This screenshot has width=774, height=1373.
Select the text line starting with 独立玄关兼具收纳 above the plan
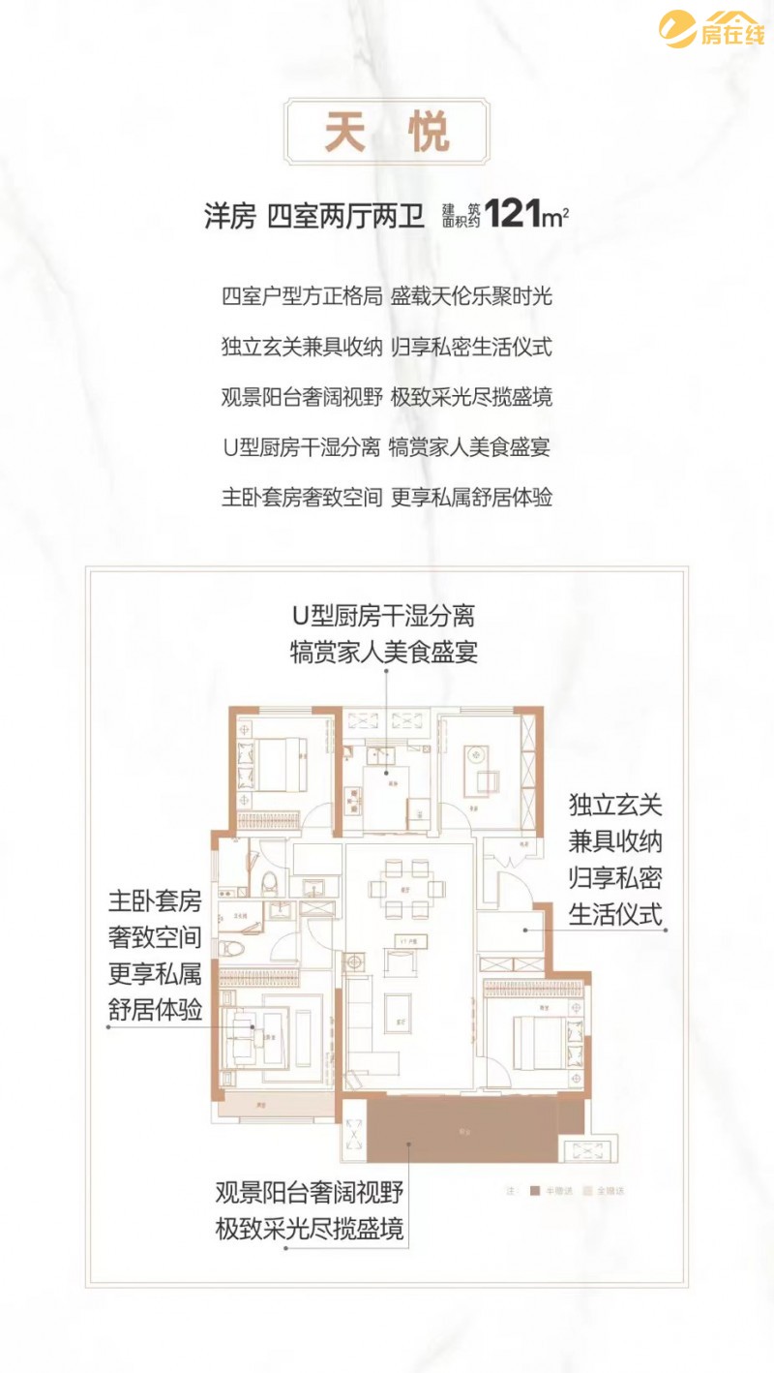tap(387, 346)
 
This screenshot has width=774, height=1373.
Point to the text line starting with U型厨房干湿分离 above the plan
tap(387, 447)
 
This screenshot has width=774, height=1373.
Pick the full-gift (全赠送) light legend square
tap(585, 1190)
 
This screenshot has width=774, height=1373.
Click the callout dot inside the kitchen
tap(386, 772)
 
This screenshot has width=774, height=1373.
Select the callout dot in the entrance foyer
tap(524, 930)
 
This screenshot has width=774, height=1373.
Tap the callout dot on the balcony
tap(409, 1144)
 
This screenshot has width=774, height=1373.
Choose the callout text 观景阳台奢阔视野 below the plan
tap(309, 1192)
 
